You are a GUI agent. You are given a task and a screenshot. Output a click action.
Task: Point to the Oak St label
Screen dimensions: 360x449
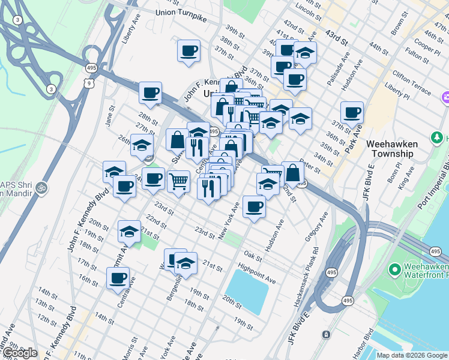(254, 257)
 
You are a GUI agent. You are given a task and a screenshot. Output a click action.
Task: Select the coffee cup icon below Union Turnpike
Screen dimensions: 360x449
(189, 50)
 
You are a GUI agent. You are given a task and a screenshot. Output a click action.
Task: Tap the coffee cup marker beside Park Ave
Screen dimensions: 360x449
(352, 112)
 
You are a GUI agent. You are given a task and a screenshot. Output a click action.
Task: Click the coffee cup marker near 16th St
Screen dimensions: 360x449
(118, 278)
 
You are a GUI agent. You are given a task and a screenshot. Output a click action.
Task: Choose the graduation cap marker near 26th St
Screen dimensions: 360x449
(142, 145)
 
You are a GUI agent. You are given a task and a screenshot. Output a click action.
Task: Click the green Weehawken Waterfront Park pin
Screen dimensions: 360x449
(394, 271)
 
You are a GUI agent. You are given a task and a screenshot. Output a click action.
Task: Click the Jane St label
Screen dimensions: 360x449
(110, 112)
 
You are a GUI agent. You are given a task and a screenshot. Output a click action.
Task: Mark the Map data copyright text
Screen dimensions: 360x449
(412, 355)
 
